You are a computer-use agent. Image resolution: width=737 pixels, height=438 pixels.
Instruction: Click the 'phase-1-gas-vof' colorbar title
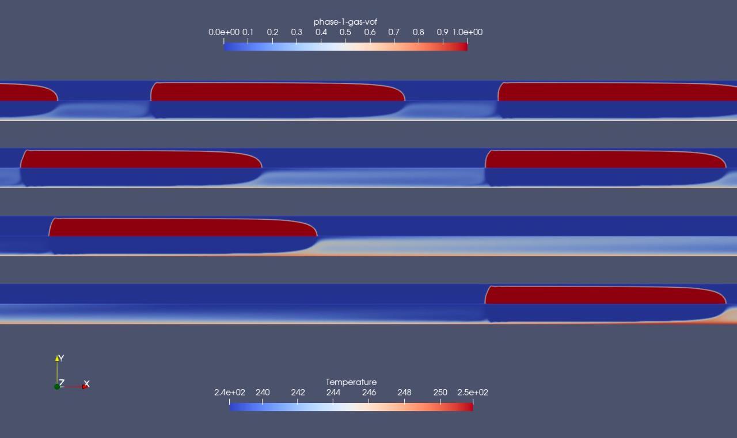345,22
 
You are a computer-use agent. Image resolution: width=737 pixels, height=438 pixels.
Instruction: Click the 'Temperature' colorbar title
351,382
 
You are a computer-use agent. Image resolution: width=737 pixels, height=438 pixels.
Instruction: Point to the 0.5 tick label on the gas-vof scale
345,32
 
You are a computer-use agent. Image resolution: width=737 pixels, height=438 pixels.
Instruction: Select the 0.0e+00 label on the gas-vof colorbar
224,32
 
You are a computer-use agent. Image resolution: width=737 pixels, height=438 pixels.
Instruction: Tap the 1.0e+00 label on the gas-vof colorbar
467,32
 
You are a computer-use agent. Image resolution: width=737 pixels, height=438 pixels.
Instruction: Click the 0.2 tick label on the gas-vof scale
272,32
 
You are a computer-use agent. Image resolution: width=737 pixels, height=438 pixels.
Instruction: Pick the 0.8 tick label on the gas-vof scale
418,32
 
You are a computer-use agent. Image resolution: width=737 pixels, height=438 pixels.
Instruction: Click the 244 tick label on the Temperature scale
333,393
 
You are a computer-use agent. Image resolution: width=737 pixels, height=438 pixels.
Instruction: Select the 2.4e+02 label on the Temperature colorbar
229,393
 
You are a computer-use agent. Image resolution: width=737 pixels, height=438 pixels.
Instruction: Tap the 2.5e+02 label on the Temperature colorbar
473,393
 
